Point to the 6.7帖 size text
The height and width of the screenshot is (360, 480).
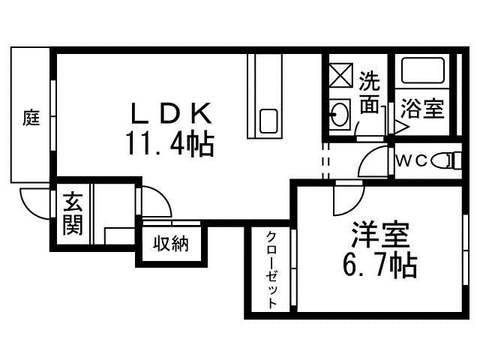(379, 265)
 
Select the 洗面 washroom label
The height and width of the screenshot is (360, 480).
(368, 92)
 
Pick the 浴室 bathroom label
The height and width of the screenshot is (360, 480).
(422, 108)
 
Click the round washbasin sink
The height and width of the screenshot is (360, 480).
(339, 115)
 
